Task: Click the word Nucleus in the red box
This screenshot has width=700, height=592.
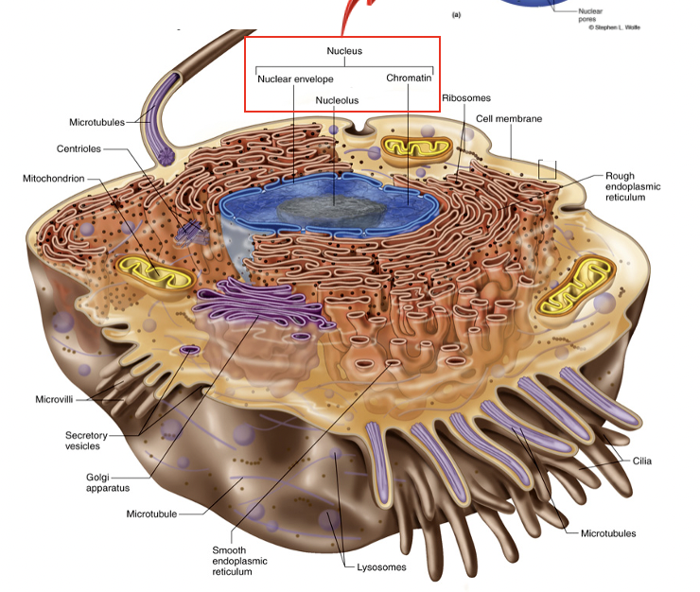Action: click(344, 50)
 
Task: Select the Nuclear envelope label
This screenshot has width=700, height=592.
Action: click(295, 78)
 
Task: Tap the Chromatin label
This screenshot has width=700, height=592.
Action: click(409, 78)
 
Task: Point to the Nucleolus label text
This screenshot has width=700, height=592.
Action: click(337, 99)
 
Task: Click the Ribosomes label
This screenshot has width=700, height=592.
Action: click(465, 97)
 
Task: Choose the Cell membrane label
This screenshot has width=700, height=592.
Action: click(509, 119)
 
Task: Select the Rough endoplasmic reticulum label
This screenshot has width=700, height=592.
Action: click(633, 186)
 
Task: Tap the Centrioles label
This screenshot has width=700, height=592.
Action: click(79, 148)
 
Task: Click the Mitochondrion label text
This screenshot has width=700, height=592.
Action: click(54, 178)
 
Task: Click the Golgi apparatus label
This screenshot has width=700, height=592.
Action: click(100, 482)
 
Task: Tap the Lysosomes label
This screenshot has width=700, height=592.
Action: click(381, 567)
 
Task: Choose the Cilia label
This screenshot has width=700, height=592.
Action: click(642, 461)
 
